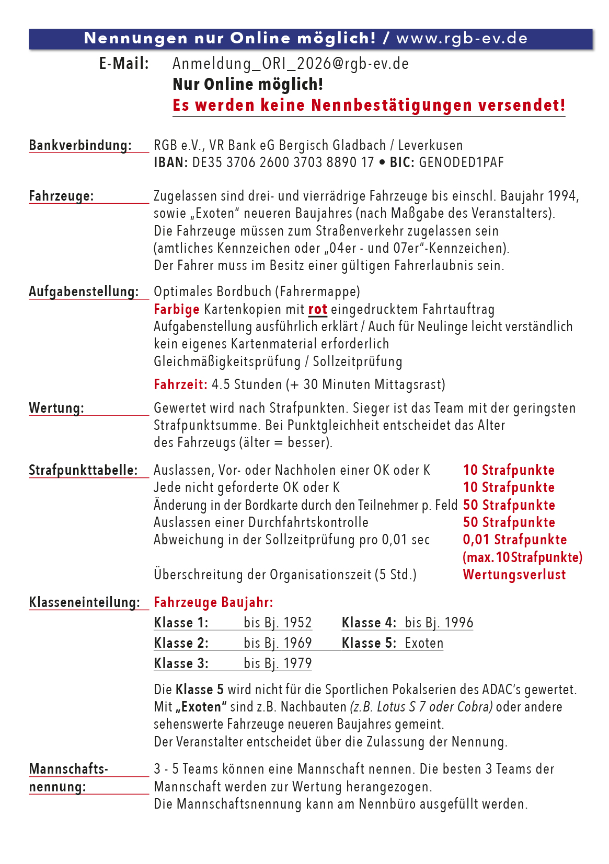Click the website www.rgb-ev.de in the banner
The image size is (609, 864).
click(462, 38)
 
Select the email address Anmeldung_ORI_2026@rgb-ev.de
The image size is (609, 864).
click(290, 64)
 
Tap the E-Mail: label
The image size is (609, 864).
click(124, 64)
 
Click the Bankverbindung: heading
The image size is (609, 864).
click(80, 145)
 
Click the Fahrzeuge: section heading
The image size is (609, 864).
click(61, 196)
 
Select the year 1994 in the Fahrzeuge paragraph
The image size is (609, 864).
click(561, 196)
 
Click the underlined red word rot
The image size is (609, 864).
click(317, 309)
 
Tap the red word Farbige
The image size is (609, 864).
click(176, 309)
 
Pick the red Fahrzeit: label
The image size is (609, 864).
click(180, 384)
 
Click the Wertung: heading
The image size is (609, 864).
click(56, 408)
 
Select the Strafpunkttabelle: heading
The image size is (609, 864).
click(83, 470)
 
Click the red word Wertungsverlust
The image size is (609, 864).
click(514, 575)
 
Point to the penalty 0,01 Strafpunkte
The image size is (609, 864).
click(514, 540)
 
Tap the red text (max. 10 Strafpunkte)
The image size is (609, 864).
click(522, 557)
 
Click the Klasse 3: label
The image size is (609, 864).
click(181, 663)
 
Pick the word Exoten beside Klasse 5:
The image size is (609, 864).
click(424, 643)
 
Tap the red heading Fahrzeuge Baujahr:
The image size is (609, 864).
click(213, 602)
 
